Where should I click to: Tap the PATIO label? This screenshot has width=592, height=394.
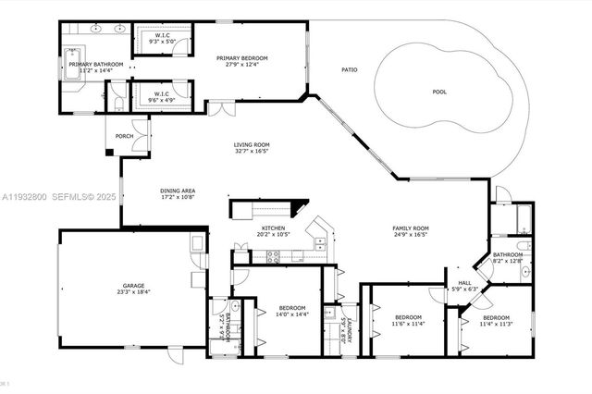pyautogui.click(x=350, y=69)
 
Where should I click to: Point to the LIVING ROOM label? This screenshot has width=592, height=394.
pyautogui.click(x=250, y=145)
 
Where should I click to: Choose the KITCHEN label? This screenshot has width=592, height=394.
pyautogui.click(x=272, y=228)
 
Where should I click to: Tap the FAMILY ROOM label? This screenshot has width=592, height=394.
pyautogui.click(x=411, y=228)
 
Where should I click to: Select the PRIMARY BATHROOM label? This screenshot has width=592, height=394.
pyautogui.click(x=90, y=64)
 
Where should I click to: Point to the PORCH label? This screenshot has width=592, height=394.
pyautogui.click(x=124, y=136)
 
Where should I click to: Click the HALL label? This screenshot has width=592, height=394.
pyautogui.click(x=463, y=283)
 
